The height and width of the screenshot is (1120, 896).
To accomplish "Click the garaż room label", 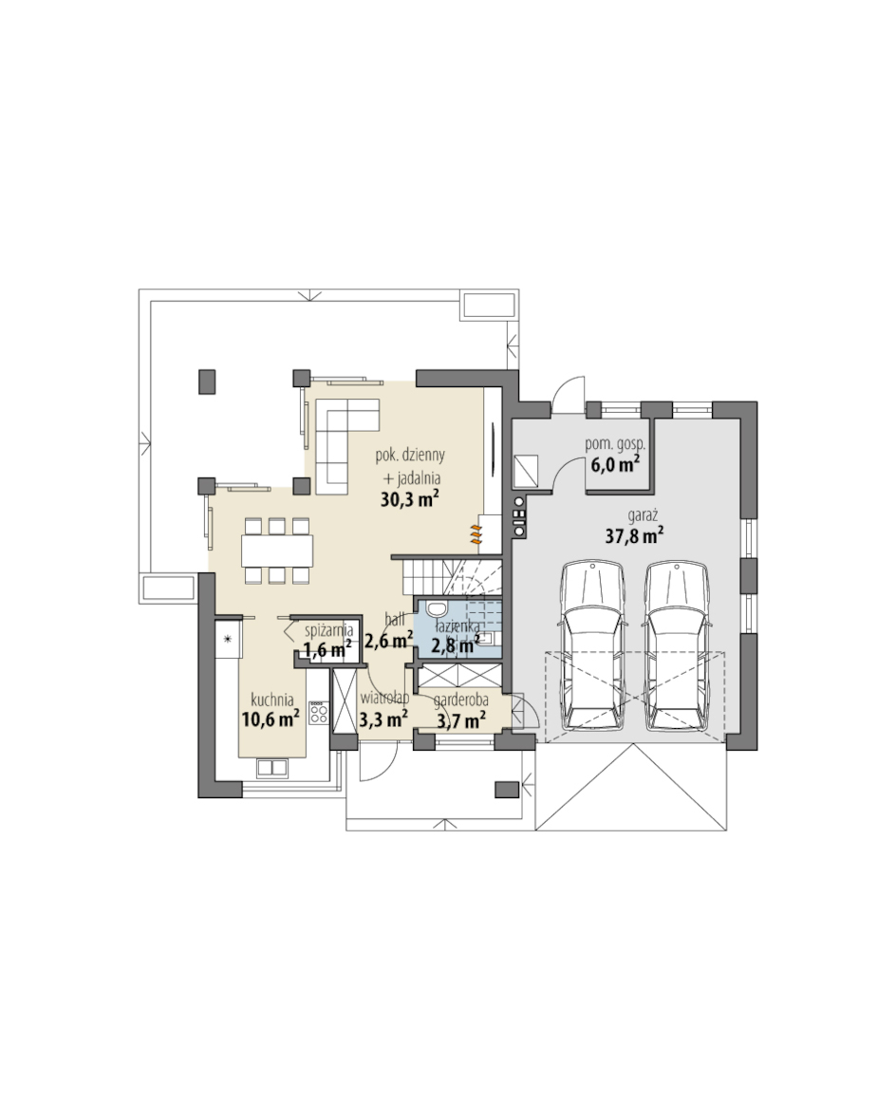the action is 643,515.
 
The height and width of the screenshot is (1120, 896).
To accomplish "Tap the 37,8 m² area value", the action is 634,535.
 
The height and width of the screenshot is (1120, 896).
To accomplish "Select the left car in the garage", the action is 592,645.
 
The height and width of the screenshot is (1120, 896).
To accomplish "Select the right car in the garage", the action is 677,645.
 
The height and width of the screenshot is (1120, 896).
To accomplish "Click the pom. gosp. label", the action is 614,444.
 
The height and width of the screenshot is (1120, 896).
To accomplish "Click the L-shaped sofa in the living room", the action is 346,446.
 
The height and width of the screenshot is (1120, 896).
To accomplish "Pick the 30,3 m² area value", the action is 409,498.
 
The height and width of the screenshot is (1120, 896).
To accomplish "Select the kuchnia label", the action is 272,700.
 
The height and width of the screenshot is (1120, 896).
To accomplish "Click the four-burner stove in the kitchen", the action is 319,713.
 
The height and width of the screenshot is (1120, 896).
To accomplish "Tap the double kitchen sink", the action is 272,768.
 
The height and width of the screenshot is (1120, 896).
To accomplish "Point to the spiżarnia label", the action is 328,631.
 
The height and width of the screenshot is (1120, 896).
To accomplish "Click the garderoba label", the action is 461,700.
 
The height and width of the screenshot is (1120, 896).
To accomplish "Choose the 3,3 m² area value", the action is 383,718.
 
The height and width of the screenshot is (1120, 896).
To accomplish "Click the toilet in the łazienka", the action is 435,608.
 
